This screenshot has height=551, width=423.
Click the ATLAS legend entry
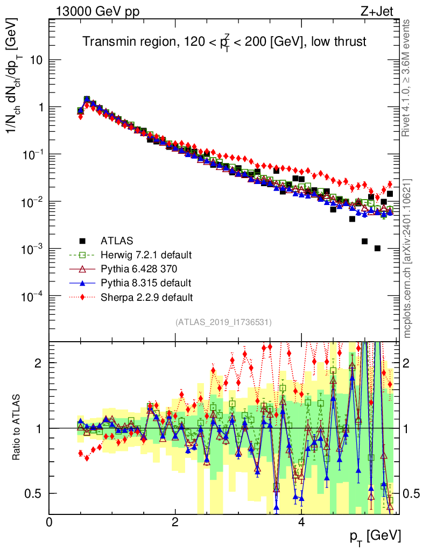point(116,240)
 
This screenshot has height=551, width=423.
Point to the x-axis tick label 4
point(301,522)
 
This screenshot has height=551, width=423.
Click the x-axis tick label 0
point(50,522)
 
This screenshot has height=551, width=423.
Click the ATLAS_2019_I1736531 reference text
point(223,322)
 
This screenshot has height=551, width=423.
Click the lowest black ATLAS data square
point(377,248)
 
